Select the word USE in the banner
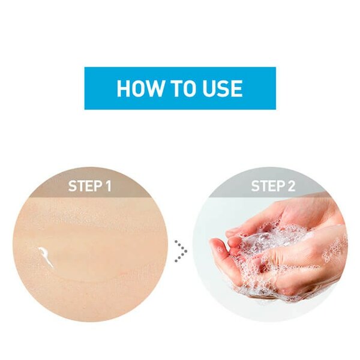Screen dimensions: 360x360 223,88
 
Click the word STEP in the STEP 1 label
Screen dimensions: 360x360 85,186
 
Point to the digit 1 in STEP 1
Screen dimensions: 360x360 109,186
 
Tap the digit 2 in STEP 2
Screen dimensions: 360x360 291,186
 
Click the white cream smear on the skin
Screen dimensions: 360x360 46,257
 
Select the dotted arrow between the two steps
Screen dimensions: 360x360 181,251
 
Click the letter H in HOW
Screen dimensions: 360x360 123,88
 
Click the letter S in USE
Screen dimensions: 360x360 223,88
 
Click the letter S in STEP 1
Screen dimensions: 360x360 73,186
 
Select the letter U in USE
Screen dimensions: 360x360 209,89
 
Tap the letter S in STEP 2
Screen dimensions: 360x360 256,186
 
